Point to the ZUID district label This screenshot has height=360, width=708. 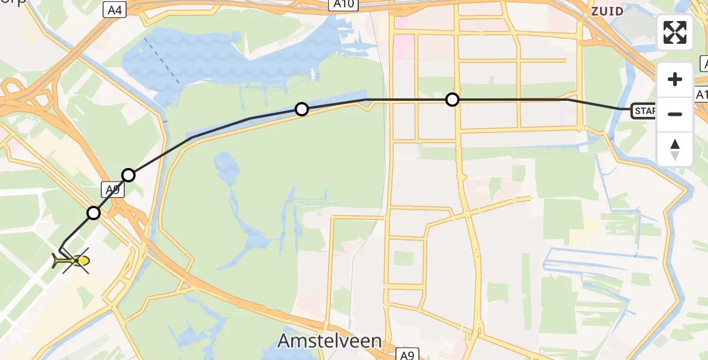coord(607,11)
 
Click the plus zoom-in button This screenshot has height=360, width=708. coord(675,79)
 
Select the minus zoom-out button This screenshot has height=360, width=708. coord(675,113)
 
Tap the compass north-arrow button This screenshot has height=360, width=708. coord(675,149)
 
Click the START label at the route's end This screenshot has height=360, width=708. coord(643,111)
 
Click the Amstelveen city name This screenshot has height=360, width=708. coord(329,341)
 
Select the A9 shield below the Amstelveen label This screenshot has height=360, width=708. coord(407,355)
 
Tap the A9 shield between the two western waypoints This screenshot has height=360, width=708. coord(111,190)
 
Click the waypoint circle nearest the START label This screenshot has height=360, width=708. coord(452,100)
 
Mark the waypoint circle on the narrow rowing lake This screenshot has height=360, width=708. coord(302,109)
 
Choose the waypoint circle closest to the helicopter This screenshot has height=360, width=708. coord(94,212)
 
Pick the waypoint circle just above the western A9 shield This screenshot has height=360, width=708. coord(128,175)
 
